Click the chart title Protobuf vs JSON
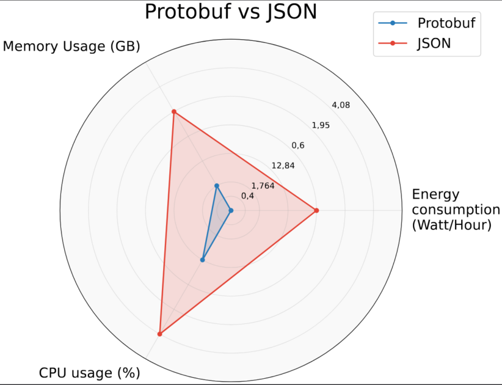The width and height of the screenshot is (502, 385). [231, 11]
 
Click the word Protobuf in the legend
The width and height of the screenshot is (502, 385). [446, 23]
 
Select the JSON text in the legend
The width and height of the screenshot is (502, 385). [434, 43]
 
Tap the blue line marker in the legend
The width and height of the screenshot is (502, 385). [393, 23]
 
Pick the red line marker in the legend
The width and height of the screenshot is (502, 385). [393, 43]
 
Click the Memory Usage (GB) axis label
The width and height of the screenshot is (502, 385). [71, 46]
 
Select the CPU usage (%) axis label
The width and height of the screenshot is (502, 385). [90, 372]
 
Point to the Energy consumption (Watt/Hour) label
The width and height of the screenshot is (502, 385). [455, 210]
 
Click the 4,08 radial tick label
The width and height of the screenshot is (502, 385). [341, 105]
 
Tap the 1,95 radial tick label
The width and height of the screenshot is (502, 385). [321, 125]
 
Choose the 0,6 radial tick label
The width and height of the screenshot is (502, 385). [298, 145]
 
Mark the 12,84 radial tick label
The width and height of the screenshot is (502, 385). [283, 166]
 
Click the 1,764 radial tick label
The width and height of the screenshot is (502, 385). [263, 186]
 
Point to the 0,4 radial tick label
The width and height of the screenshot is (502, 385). [247, 196]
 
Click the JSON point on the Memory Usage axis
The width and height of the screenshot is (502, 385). [174, 112]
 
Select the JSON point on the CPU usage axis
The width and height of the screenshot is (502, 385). [159, 334]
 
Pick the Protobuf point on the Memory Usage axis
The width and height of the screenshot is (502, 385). [217, 186]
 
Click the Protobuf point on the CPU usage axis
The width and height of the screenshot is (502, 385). [203, 260]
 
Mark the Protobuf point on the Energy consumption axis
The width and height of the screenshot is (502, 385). [230, 211]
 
